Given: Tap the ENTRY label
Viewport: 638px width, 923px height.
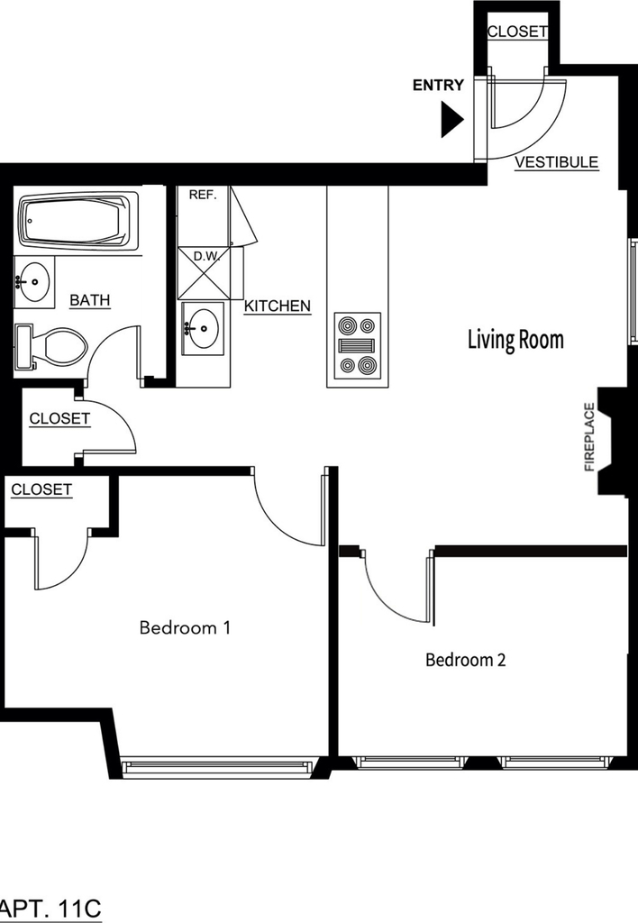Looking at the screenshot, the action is (x=438, y=86).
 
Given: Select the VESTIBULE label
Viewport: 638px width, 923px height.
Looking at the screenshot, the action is (x=556, y=162).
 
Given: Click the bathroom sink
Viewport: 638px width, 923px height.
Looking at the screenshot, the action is (x=34, y=282).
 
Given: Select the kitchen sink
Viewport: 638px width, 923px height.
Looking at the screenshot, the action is (x=203, y=328).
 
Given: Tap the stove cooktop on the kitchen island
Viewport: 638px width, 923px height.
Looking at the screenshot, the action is (x=357, y=345).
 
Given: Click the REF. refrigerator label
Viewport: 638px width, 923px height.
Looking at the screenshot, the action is (x=203, y=195).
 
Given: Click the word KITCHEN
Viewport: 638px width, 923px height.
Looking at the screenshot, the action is (x=278, y=306).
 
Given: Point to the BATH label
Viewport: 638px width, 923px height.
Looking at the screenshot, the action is (x=90, y=300).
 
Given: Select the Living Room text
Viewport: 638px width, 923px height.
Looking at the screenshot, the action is (x=515, y=340).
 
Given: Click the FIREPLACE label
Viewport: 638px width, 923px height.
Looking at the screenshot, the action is (x=589, y=437).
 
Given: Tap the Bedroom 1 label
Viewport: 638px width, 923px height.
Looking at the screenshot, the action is (x=185, y=627).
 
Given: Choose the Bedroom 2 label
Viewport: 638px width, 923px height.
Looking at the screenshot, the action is (x=466, y=660).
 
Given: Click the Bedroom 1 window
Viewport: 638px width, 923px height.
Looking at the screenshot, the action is (x=217, y=765).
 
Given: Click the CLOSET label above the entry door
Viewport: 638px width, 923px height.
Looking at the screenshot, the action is (x=517, y=32).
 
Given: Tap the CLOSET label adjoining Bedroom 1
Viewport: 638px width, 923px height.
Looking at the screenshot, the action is (x=41, y=489).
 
